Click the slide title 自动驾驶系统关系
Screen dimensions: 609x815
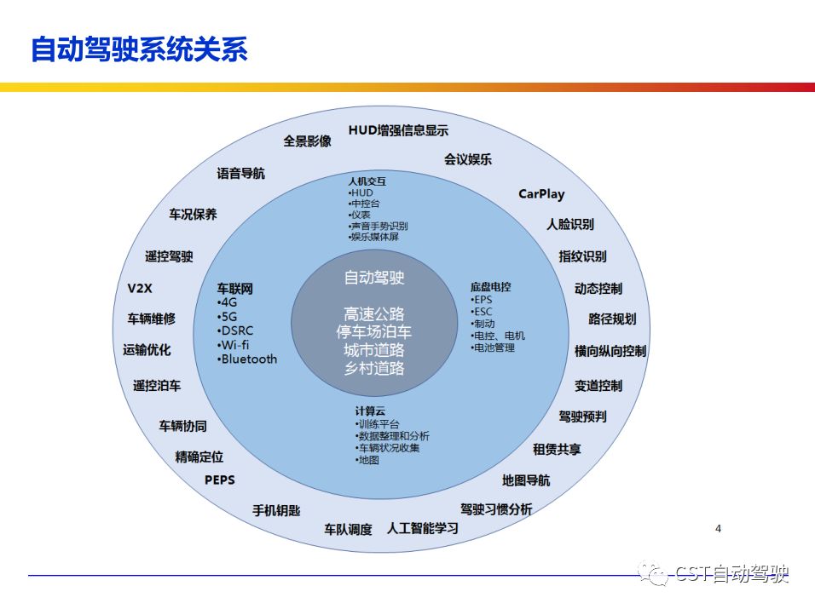pos(139,49)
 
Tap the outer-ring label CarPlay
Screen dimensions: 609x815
pos(541,194)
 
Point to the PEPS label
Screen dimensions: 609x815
pos(219,480)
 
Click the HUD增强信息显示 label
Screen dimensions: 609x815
pos(398,130)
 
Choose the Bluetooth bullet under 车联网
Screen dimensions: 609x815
pos(248,359)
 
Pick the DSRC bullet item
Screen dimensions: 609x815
pos(236,330)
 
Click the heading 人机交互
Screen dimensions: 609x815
pos(367,181)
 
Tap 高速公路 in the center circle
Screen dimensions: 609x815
pos(373,313)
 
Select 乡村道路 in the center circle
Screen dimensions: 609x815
pos(373,369)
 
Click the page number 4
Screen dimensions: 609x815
pos(718,529)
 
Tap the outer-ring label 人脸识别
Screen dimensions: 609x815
pos(570,225)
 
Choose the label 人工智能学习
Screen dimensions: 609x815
pos(423,528)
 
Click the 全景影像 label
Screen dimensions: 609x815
pos(307,141)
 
